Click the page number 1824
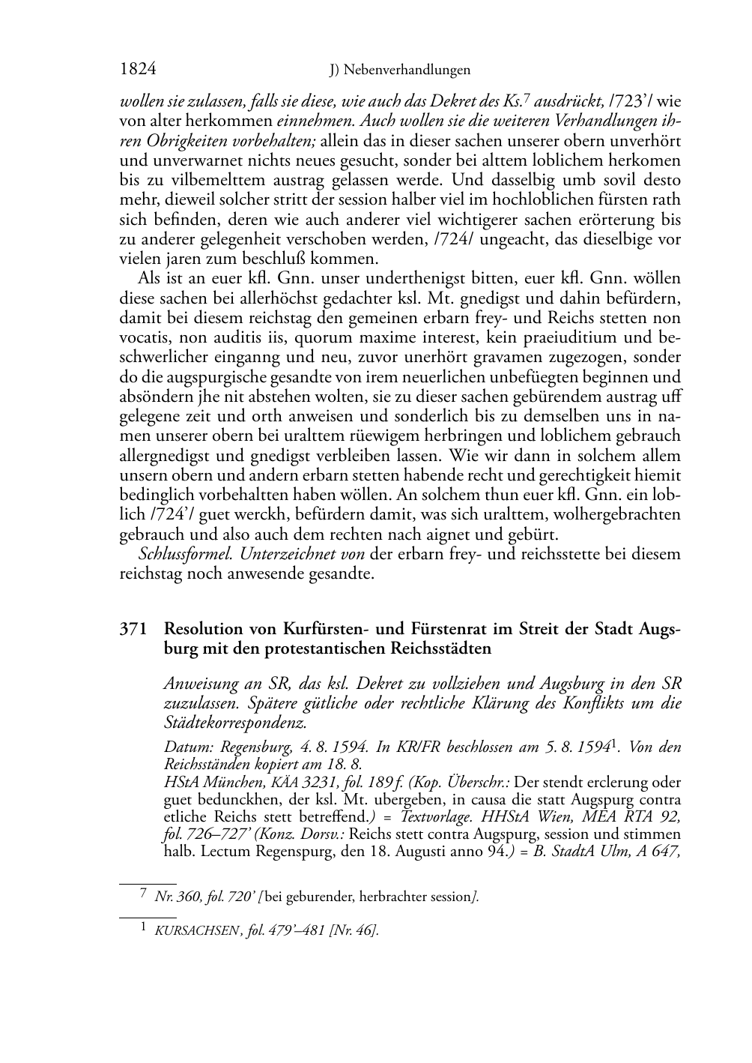(138, 70)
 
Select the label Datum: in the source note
(184, 747)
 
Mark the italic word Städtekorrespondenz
(235, 723)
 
